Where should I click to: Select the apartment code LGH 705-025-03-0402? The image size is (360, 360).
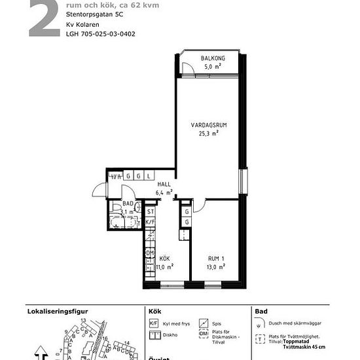[x=101, y=33]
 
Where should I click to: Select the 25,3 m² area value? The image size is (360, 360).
[x=208, y=134]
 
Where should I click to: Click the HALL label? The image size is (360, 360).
[x=164, y=185]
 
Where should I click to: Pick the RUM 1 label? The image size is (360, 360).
[x=217, y=259]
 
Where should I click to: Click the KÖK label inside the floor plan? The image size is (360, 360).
[x=164, y=259]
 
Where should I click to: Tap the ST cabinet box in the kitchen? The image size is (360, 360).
[x=150, y=211]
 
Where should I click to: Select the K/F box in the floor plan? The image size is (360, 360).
[x=150, y=222]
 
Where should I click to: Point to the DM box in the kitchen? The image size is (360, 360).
[x=149, y=253]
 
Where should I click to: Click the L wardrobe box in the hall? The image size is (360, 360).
[x=149, y=176]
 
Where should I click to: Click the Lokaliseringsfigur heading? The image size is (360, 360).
[x=57, y=312]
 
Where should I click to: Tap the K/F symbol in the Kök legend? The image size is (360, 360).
[x=154, y=323]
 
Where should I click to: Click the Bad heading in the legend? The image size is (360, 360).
[x=261, y=312]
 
